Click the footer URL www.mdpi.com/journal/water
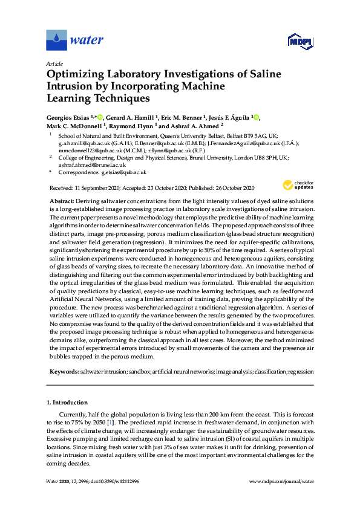click(281, 481)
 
